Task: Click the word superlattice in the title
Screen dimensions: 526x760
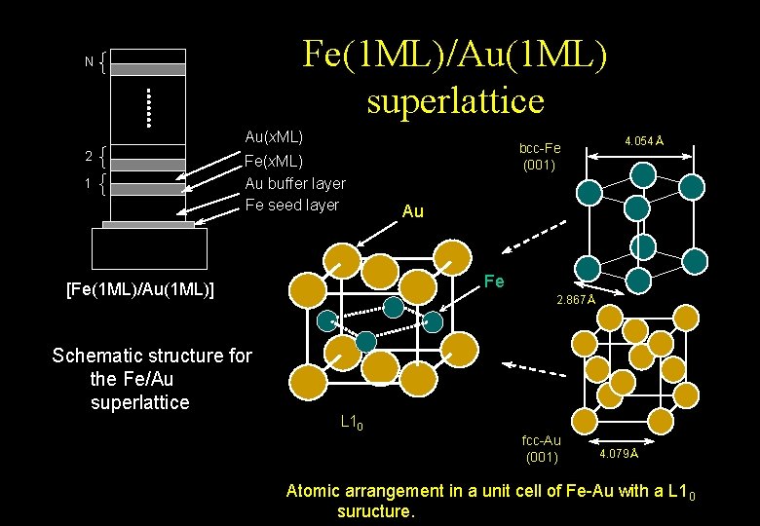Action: (x=455, y=99)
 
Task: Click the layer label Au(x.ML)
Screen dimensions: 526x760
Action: (x=274, y=137)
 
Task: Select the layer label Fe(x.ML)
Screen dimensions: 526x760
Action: (x=274, y=161)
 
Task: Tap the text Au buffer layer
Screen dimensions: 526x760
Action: (x=295, y=183)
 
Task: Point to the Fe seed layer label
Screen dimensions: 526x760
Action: (x=291, y=205)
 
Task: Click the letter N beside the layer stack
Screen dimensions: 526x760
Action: (x=89, y=62)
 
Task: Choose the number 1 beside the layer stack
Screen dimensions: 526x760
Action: (x=89, y=182)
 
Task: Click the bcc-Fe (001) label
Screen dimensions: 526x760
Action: (x=540, y=157)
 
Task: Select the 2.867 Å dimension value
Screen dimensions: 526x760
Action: (x=575, y=299)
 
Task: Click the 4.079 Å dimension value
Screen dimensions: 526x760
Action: (x=619, y=454)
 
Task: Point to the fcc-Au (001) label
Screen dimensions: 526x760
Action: (x=541, y=449)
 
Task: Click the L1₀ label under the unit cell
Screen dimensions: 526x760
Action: (x=352, y=423)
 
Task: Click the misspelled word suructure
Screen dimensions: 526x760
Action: (x=375, y=510)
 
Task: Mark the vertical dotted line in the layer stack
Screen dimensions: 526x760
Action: (x=148, y=108)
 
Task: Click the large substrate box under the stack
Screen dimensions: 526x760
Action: (x=148, y=247)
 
